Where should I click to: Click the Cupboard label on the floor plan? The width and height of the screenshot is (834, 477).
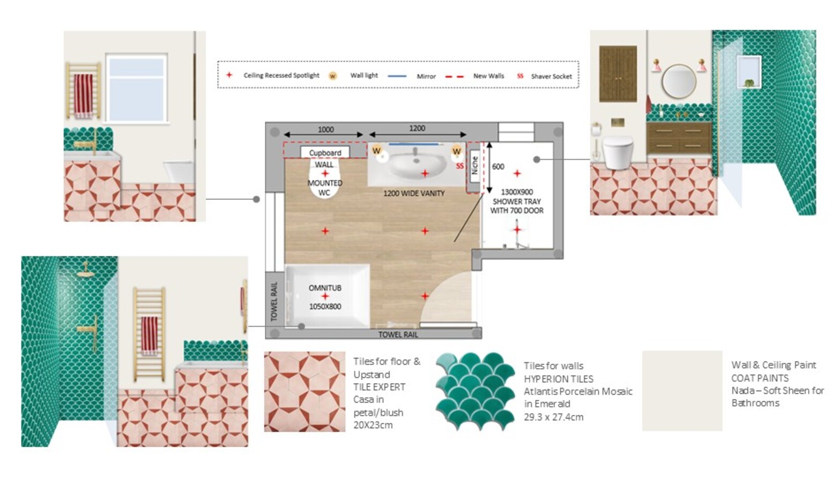click(325, 153)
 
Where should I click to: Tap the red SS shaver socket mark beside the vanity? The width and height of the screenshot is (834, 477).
click(460, 166)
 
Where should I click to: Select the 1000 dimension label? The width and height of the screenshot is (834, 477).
click(325, 130)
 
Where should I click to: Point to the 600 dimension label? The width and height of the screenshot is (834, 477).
click(498, 167)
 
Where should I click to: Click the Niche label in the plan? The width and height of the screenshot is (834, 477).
click(475, 165)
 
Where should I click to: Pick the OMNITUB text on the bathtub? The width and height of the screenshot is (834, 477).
click(325, 288)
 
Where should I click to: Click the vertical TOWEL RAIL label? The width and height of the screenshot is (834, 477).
click(274, 302)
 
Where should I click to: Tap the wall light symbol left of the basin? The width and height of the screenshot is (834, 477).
click(376, 151)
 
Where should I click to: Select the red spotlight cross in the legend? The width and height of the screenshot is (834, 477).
click(229, 75)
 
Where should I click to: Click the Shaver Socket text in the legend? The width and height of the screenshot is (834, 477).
click(552, 76)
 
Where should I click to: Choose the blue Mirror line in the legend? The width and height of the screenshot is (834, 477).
click(397, 76)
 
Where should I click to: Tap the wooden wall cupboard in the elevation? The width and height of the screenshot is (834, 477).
click(618, 74)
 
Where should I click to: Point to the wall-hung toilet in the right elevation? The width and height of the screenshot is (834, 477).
click(617, 152)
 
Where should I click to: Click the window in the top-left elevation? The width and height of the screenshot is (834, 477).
click(136, 88)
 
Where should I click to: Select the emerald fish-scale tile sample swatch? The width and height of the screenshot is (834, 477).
click(475, 391)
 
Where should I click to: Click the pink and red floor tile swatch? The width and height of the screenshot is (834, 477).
click(304, 392)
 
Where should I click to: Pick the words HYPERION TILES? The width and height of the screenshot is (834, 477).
click(559, 379)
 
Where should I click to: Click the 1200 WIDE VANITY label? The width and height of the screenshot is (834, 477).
click(414, 193)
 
